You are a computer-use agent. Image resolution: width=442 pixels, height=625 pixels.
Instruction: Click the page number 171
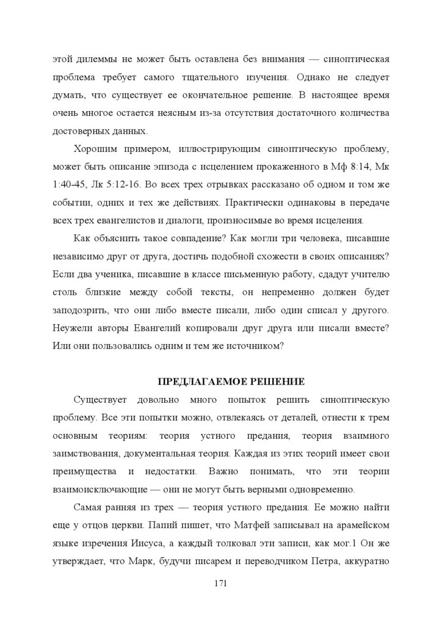221,583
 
